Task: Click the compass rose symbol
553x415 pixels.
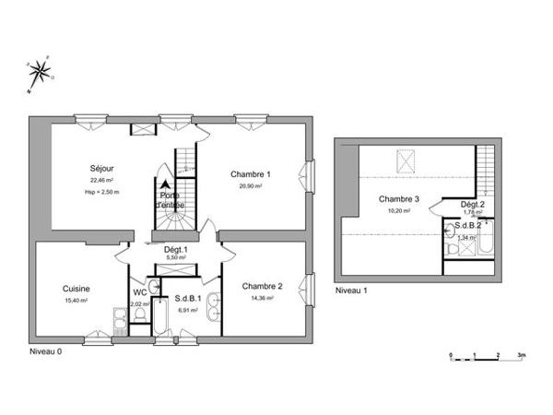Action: [40, 74]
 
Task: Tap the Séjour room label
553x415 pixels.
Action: [101, 169]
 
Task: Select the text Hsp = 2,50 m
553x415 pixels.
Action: [101, 192]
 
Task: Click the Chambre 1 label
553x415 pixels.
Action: [250, 174]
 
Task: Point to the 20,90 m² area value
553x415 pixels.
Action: [250, 186]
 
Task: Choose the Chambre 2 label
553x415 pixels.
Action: [262, 286]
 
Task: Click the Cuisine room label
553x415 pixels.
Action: [76, 288]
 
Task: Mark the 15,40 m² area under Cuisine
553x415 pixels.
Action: [76, 300]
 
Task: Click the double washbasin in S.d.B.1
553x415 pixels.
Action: [215, 309]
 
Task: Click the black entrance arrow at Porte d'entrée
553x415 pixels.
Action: [165, 184]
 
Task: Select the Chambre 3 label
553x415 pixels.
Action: [399, 199]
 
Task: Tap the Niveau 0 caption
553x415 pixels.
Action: [46, 351]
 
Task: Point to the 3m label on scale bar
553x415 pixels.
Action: [522, 354]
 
